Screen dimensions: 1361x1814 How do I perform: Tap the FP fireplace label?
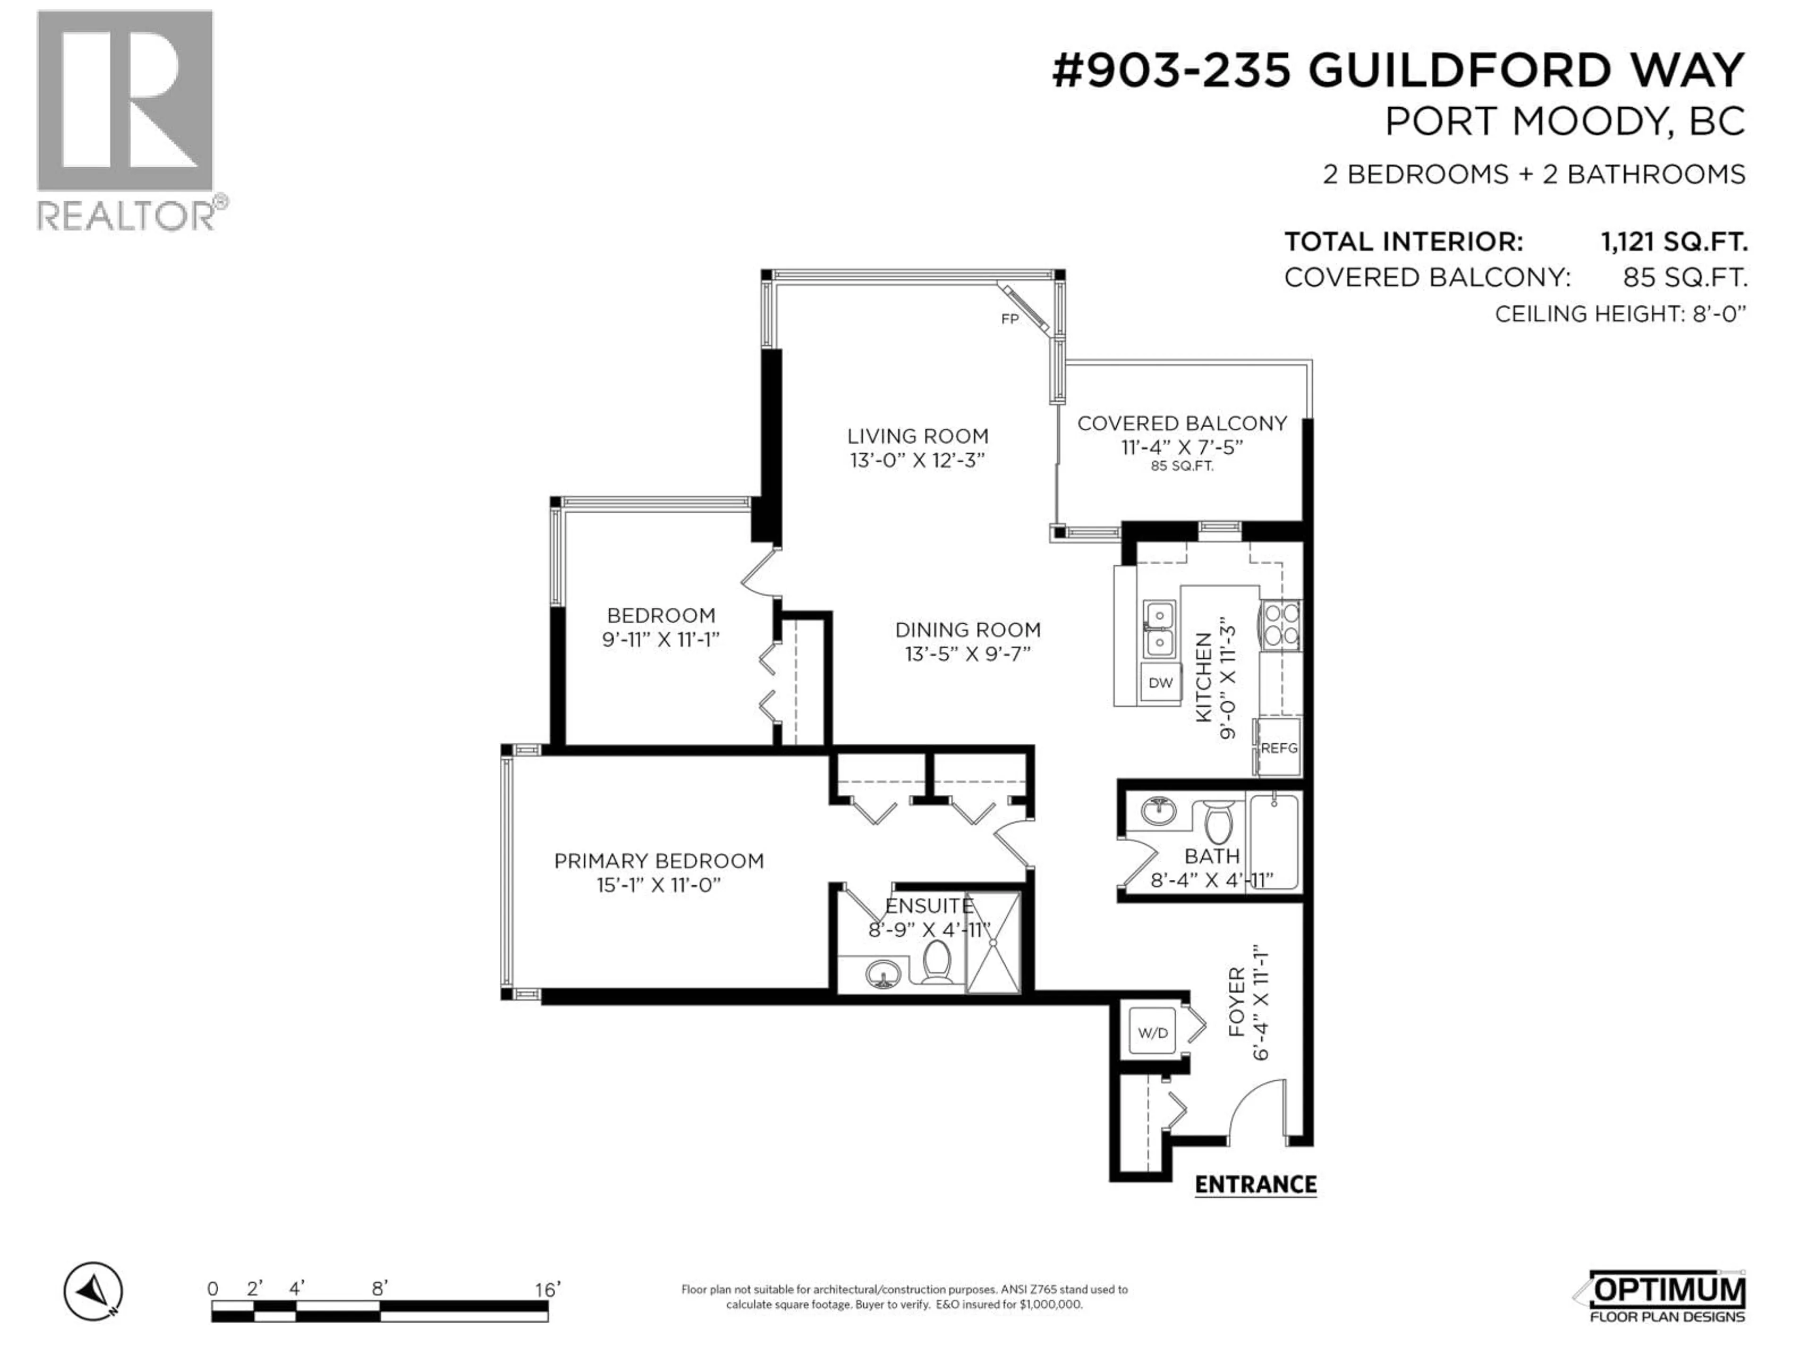pyautogui.click(x=1010, y=319)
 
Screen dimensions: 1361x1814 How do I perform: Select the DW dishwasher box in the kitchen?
pyautogui.click(x=1160, y=682)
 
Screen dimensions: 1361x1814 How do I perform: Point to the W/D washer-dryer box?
pyautogui.click(x=1152, y=1033)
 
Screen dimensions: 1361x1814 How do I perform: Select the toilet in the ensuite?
pyautogui.click(x=936, y=962)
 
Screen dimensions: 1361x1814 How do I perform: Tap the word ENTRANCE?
pyautogui.click(x=1256, y=1185)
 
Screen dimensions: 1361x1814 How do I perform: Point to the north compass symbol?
pyautogui.click(x=94, y=1291)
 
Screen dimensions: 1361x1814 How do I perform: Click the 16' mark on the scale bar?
pyautogui.click(x=546, y=1290)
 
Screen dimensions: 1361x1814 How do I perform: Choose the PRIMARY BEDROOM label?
pyautogui.click(x=659, y=861)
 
